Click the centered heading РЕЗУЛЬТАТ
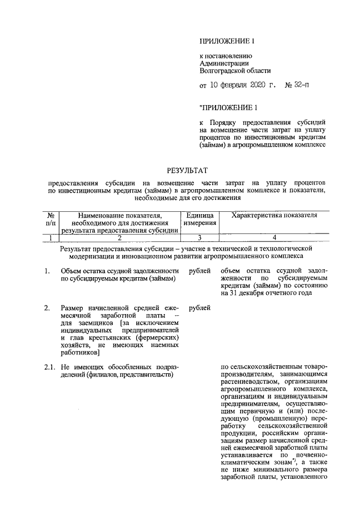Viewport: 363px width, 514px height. click(x=187, y=169)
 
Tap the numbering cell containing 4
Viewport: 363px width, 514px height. click(x=274, y=238)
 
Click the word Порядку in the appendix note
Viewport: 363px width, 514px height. click(x=228, y=122)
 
